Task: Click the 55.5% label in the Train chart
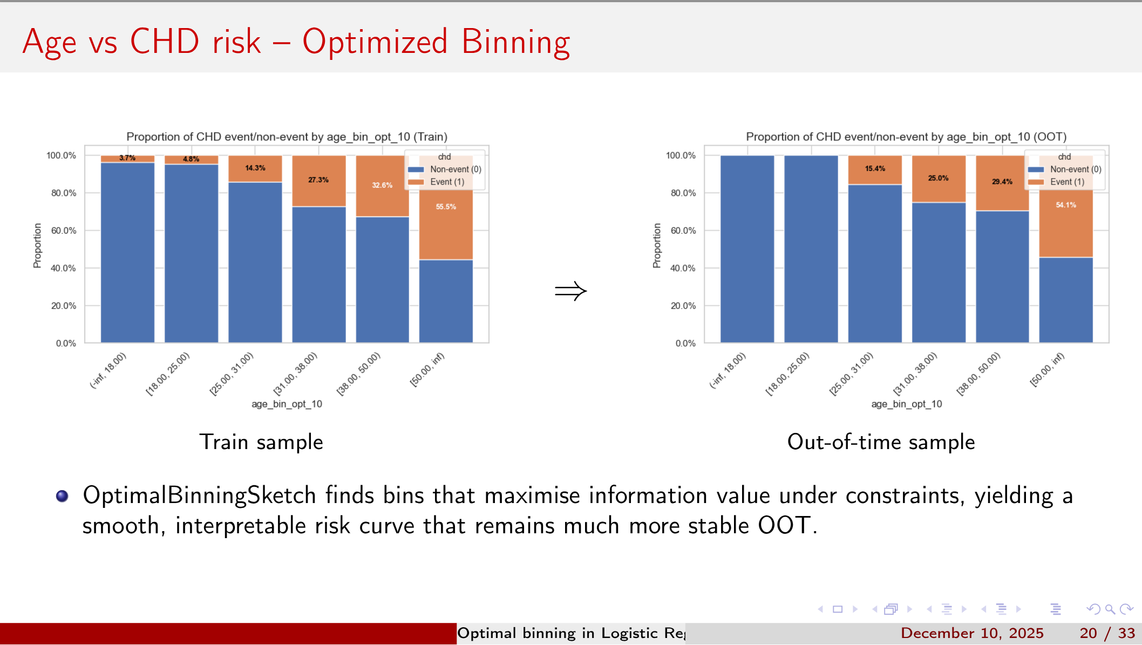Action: point(446,207)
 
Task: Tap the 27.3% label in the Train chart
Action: point(318,180)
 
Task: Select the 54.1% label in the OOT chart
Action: point(1066,205)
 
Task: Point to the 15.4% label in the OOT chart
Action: point(875,168)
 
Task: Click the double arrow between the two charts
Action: point(570,291)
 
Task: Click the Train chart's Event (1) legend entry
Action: point(447,182)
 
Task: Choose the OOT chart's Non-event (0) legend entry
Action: point(1075,169)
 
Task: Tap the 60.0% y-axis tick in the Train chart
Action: point(64,230)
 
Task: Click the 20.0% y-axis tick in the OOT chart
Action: point(683,305)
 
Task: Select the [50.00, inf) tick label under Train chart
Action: point(427,370)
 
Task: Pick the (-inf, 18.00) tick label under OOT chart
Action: point(727,371)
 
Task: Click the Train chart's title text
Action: point(287,137)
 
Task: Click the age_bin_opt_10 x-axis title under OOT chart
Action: point(906,404)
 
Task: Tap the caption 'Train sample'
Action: point(261,442)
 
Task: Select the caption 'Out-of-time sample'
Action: point(881,442)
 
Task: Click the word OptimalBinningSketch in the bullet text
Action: point(199,495)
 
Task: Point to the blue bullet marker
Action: point(62,496)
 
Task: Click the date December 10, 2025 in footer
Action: point(972,633)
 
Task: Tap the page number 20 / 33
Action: point(1107,633)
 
